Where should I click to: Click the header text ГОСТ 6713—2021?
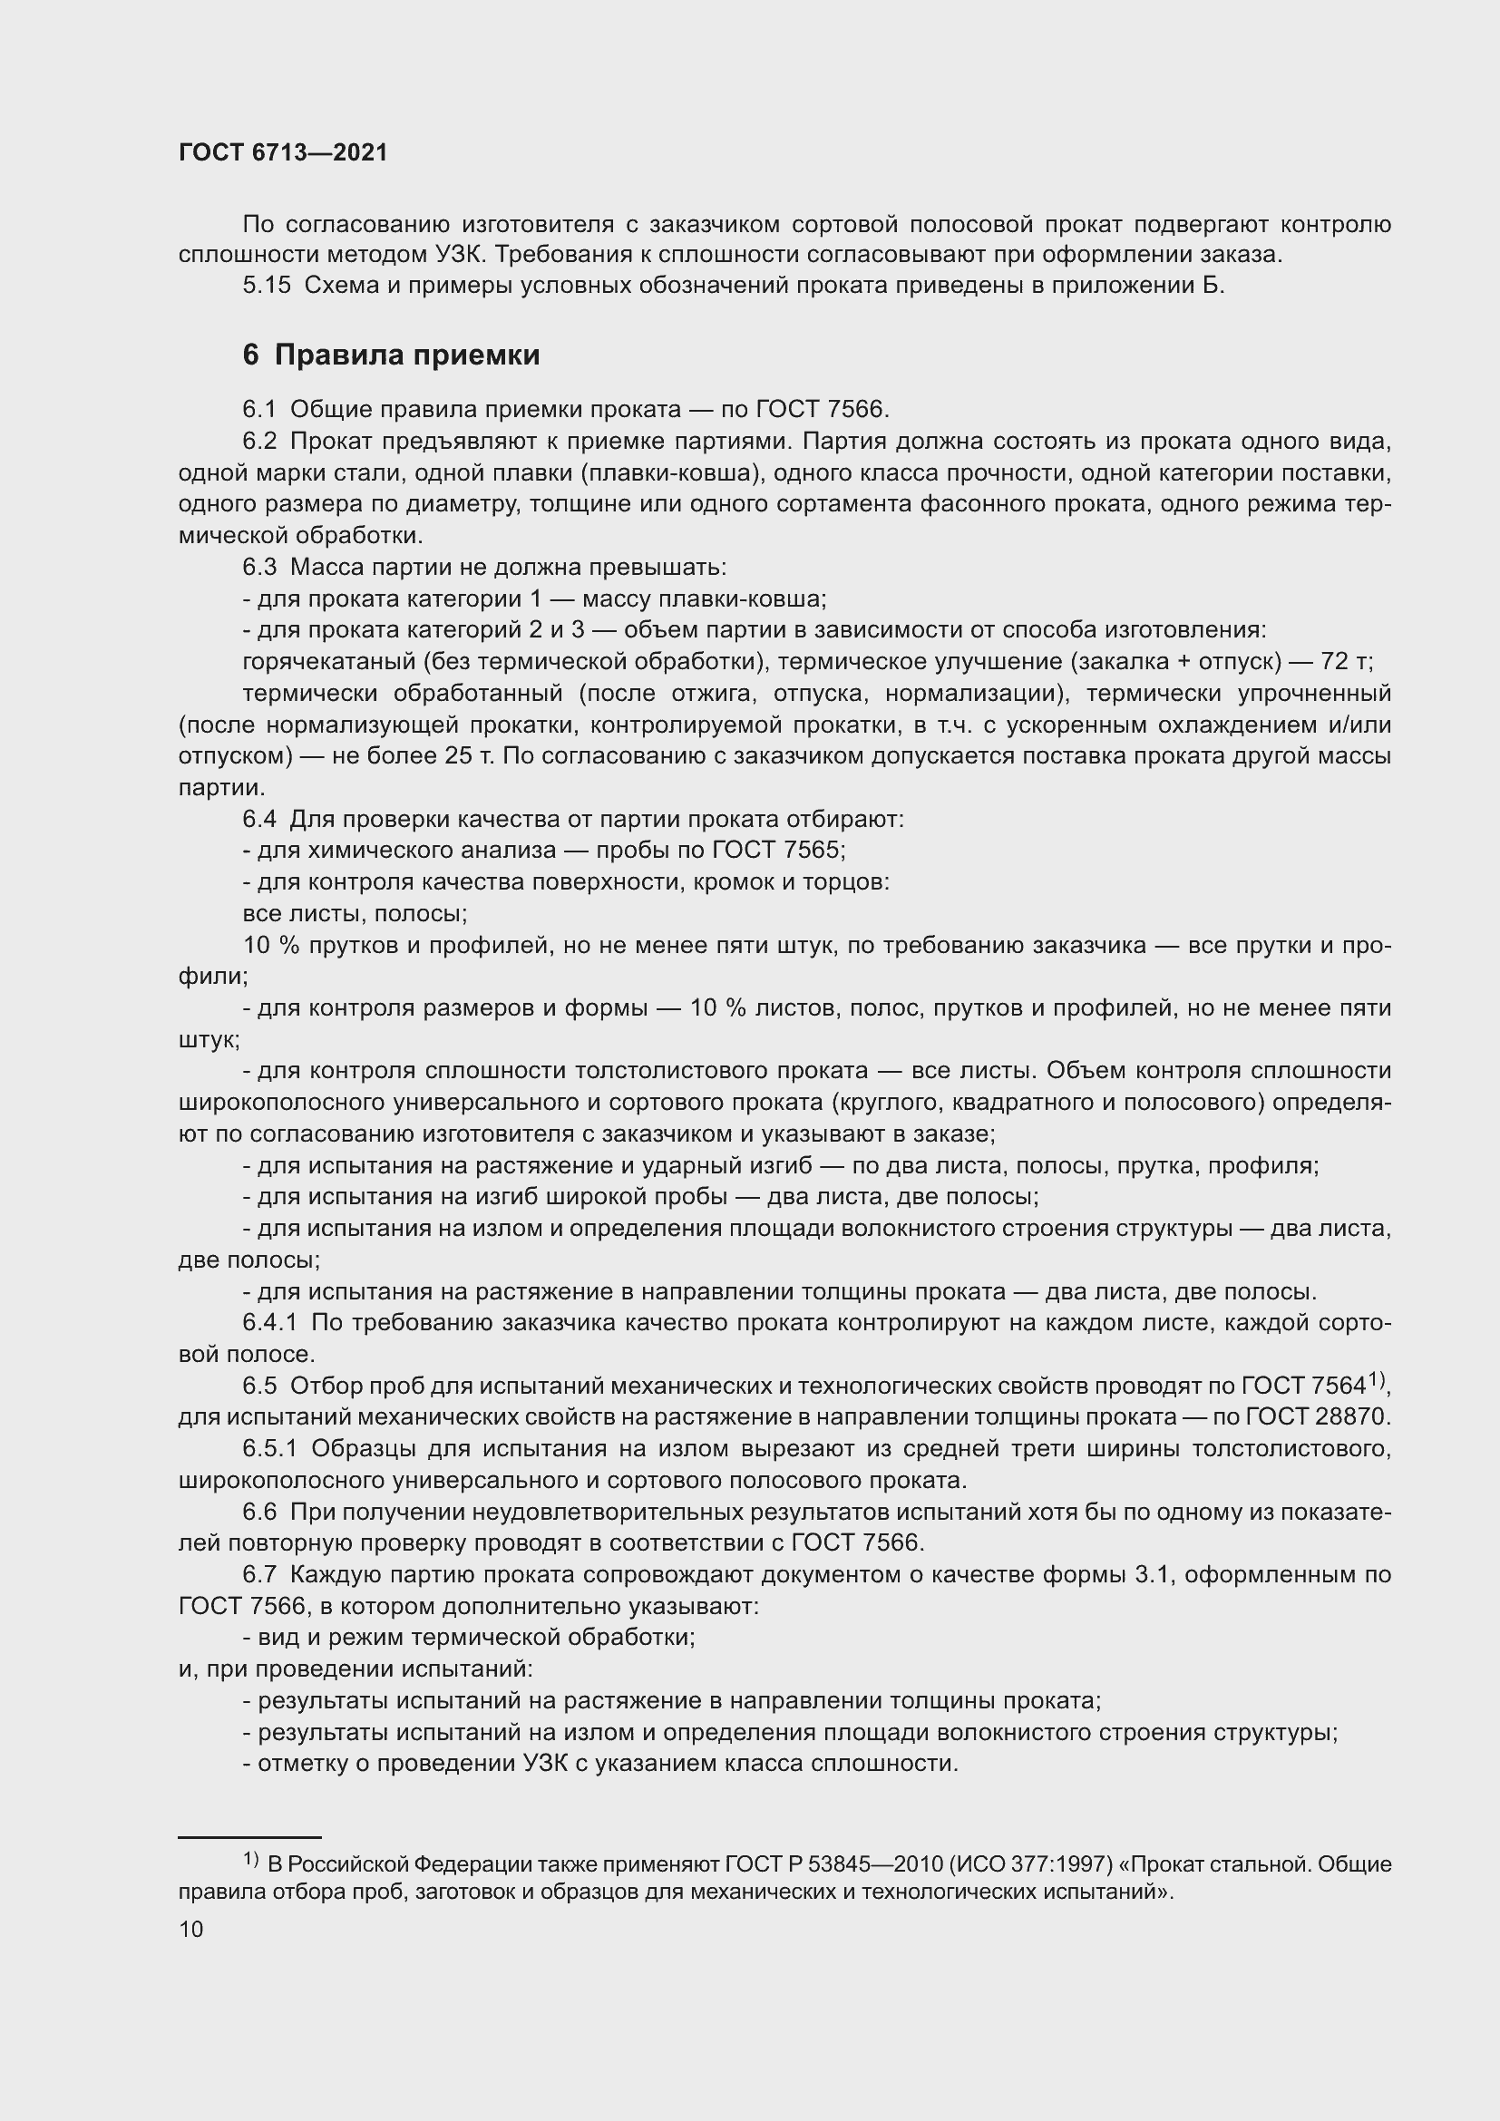(283, 153)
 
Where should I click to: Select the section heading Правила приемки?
(407, 355)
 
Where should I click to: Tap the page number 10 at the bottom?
(191, 1929)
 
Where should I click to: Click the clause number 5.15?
(266, 286)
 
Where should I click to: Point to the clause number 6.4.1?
(269, 1323)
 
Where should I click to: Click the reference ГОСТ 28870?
(1318, 1417)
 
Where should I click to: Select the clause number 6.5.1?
(269, 1448)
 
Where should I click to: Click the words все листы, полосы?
(355, 914)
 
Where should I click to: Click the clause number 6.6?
(259, 1512)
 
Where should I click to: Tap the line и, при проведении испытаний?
(356, 1669)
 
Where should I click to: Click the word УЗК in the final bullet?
(551, 1764)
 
